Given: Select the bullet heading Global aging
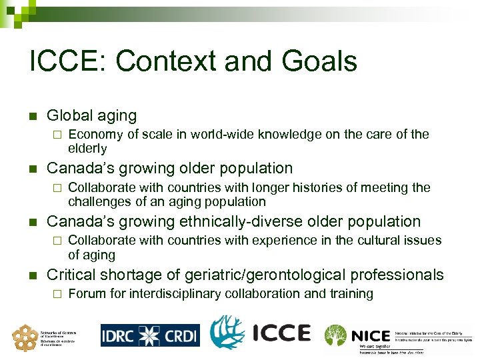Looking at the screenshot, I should [x=91, y=116].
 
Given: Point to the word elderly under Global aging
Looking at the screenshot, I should [x=87, y=148].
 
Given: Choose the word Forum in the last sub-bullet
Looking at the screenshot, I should [x=87, y=293].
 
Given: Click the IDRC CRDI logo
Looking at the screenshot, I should [x=150, y=334].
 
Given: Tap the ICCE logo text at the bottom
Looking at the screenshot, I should [x=282, y=333].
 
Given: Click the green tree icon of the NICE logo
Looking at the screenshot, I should [x=335, y=334].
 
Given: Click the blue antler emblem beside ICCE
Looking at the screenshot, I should [x=227, y=333].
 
